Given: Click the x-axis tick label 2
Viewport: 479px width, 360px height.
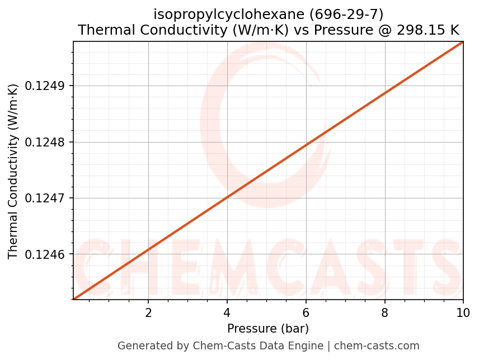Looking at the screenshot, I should [x=148, y=312].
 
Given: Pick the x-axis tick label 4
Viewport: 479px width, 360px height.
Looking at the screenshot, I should [x=227, y=312].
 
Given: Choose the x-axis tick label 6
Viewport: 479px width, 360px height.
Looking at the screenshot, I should [x=306, y=312].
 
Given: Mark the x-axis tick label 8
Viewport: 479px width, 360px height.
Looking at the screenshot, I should [x=384, y=312].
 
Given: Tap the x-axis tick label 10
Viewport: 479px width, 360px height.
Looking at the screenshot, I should [x=463, y=312].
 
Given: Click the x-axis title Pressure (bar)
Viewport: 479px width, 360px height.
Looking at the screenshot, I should [x=268, y=329].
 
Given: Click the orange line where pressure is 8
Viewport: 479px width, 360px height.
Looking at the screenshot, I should [x=384, y=93].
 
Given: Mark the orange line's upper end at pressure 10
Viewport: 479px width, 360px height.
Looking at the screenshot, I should [x=462, y=42].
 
